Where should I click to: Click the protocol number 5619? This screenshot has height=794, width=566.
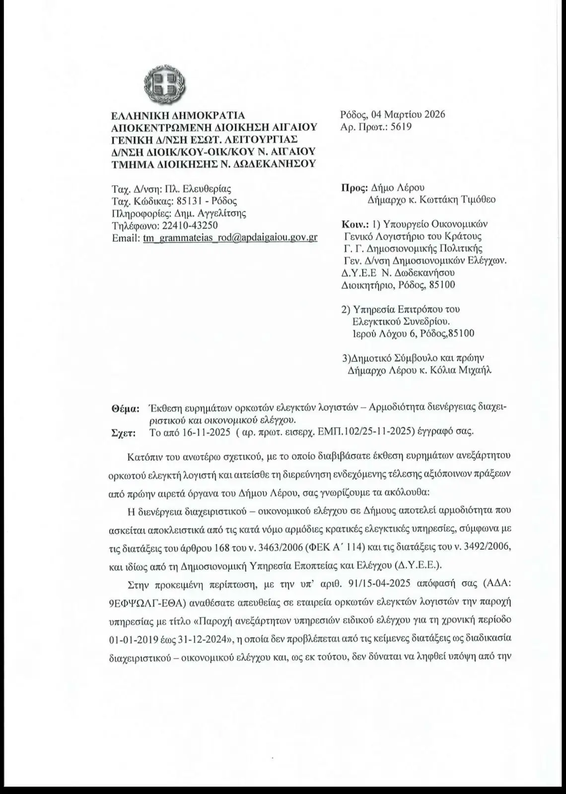tap(401, 127)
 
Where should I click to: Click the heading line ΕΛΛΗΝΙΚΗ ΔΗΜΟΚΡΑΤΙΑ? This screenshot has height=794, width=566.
tap(178, 116)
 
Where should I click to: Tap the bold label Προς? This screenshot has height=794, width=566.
tap(354, 188)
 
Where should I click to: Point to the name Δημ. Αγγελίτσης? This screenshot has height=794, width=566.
tap(209, 213)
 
